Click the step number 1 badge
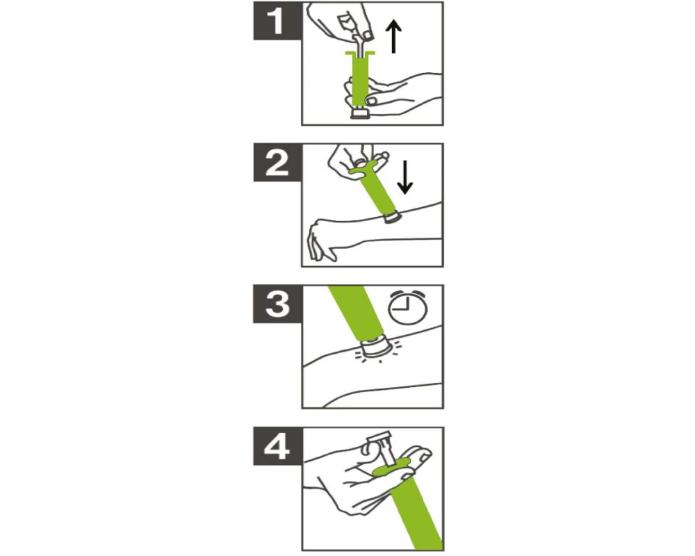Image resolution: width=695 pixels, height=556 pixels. point(277,21)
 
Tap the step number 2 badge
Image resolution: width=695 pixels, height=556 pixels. point(277,162)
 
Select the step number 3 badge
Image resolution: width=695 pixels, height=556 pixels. point(277,304)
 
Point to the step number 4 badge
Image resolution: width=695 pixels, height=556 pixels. point(277,446)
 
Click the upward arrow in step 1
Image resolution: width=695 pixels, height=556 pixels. point(393,38)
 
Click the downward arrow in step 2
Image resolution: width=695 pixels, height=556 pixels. point(404,177)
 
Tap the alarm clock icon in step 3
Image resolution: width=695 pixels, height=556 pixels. point(408,306)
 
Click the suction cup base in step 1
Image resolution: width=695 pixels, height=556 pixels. point(360,113)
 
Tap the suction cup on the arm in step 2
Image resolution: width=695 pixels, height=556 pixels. point(392,218)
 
